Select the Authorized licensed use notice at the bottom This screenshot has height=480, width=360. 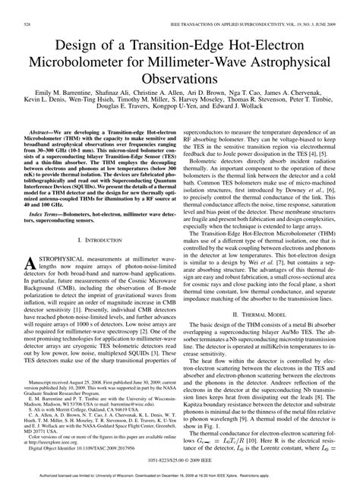[x=180, y=474]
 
